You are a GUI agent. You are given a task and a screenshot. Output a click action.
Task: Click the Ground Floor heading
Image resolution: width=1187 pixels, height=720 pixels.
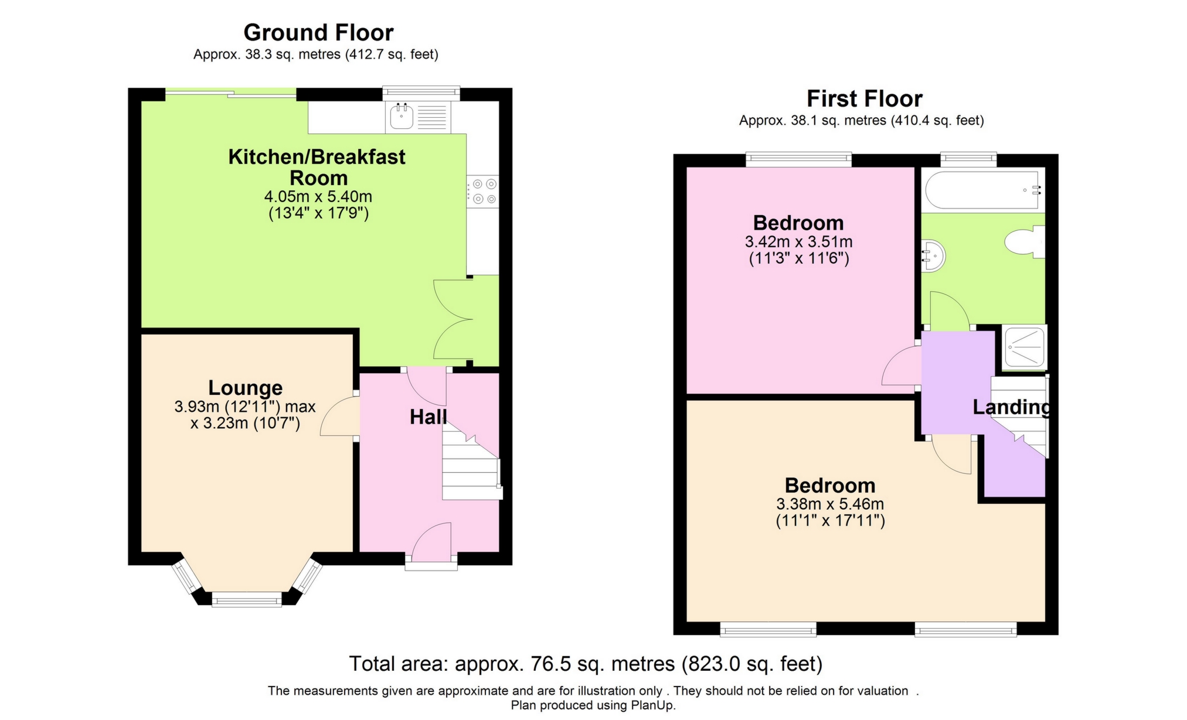click(x=318, y=33)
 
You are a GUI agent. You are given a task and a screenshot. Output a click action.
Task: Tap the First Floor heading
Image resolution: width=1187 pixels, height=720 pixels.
click(x=864, y=98)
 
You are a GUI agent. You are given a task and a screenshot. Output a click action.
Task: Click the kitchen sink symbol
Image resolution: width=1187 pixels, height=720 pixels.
click(x=402, y=117)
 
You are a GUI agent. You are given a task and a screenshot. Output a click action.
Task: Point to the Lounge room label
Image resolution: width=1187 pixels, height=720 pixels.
click(x=246, y=388)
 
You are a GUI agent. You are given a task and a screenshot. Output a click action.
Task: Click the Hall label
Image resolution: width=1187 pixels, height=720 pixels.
click(x=428, y=417)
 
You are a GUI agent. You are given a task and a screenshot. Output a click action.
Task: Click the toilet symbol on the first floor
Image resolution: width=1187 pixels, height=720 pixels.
click(x=1023, y=242)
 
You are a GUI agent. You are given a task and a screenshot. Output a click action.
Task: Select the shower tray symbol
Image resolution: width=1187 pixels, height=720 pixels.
click(x=1024, y=347)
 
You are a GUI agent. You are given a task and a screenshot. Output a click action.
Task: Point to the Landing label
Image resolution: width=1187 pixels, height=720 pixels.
click(x=1011, y=407)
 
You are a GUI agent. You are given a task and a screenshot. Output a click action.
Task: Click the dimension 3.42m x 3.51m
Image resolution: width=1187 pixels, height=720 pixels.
click(x=798, y=242)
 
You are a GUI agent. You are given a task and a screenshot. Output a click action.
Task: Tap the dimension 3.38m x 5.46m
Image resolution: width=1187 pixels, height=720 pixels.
click(x=830, y=504)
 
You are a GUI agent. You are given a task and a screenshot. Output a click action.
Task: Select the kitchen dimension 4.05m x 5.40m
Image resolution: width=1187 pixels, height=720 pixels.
click(x=318, y=197)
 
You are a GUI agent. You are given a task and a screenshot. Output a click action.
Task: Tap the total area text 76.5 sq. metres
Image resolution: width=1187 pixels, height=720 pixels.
click(x=586, y=664)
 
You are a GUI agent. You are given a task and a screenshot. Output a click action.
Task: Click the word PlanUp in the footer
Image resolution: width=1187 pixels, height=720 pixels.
click(x=652, y=705)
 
